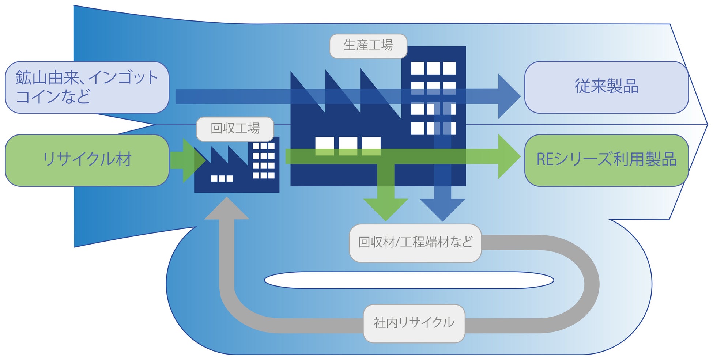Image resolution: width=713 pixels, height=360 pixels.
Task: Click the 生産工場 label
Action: tap(368, 46)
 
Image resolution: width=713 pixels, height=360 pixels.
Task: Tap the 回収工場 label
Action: tap(235, 129)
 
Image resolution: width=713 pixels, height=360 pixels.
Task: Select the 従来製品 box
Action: tap(606, 87)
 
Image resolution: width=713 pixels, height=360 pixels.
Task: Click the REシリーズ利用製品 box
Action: tap(606, 160)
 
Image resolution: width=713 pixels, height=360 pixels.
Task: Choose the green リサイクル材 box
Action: tap(87, 160)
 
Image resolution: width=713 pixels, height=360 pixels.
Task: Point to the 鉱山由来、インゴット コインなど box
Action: tap(87, 87)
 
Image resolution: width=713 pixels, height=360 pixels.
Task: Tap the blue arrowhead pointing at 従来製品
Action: tap(508, 96)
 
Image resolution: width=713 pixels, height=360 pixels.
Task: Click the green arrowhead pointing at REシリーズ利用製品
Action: tap(508, 156)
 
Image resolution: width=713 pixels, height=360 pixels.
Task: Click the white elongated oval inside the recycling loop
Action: tap(409, 280)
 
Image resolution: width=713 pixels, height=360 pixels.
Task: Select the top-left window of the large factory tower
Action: tap(418, 68)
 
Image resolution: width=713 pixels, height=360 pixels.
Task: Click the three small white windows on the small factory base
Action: tap(222, 178)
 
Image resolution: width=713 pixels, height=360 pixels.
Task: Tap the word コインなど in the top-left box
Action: tap(53, 97)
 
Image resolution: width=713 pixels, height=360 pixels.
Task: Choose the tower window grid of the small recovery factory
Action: tap(264, 161)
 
